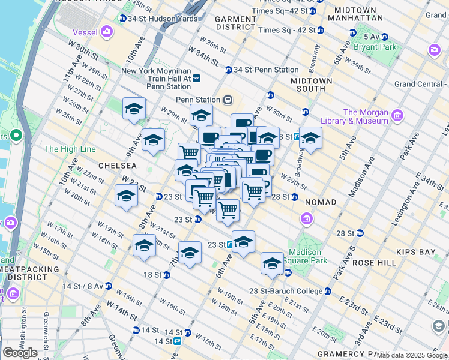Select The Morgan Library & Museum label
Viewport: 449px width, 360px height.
[366, 116]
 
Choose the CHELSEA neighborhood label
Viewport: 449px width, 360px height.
[114, 165]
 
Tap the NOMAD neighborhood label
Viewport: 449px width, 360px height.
[320, 202]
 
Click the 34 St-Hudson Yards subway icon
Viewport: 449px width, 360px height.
[123, 19]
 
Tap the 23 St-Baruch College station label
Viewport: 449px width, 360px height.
[285, 292]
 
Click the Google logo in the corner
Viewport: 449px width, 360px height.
[20, 353]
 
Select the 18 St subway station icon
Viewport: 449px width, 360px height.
[167, 275]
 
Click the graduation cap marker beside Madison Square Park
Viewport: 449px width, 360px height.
[272, 264]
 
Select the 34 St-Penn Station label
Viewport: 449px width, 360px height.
[265, 70]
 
